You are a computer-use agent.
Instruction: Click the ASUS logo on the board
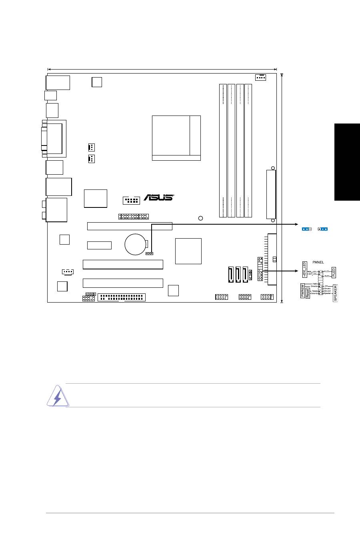click(x=158, y=197)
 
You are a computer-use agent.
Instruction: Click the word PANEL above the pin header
click(x=318, y=263)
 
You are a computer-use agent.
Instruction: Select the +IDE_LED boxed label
click(x=304, y=269)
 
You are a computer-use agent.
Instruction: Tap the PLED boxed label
click(x=334, y=272)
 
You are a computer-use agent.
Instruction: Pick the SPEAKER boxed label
click(x=336, y=293)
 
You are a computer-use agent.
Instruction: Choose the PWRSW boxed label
click(x=303, y=291)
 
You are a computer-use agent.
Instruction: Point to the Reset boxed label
click(x=308, y=294)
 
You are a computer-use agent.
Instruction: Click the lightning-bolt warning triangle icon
click(x=56, y=396)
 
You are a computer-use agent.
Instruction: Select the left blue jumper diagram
click(x=307, y=229)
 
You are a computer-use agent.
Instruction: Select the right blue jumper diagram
click(x=323, y=229)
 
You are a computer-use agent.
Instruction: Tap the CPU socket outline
click(x=176, y=138)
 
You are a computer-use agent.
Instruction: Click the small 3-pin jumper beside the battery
click(x=150, y=253)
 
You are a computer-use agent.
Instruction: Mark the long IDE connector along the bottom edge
click(x=122, y=297)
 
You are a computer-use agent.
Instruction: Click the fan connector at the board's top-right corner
click(x=260, y=77)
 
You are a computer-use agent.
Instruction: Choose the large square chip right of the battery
click(x=188, y=251)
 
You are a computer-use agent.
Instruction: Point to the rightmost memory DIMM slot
click(x=248, y=151)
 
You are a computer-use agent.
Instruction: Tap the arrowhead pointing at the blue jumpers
click(x=297, y=225)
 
